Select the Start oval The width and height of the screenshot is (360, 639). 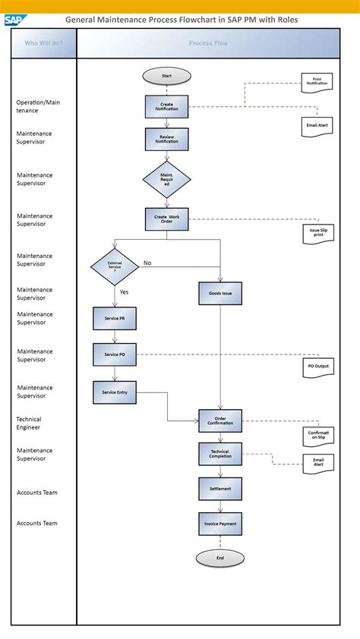(x=166, y=76)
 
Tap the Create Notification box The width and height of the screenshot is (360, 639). (x=166, y=106)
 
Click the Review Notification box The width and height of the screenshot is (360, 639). (x=166, y=139)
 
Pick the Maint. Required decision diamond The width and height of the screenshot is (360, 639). (x=166, y=180)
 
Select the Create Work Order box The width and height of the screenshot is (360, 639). (x=166, y=219)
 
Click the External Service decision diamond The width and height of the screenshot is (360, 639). (x=115, y=266)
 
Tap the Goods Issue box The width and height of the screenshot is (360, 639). (x=220, y=293)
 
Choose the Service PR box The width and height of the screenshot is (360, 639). (x=115, y=318)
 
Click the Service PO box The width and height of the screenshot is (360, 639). (x=115, y=354)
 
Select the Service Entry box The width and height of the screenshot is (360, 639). (x=115, y=392)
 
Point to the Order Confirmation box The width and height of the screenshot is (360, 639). (x=220, y=420)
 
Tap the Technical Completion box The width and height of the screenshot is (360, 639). (x=220, y=454)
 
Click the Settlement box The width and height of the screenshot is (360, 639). (x=220, y=488)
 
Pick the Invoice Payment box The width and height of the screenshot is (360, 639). (x=220, y=524)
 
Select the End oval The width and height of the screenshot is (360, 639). (x=219, y=558)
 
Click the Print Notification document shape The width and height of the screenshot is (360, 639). (x=317, y=83)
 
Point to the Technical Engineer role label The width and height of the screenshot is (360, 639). (x=29, y=423)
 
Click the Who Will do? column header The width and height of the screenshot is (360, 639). (x=44, y=43)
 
